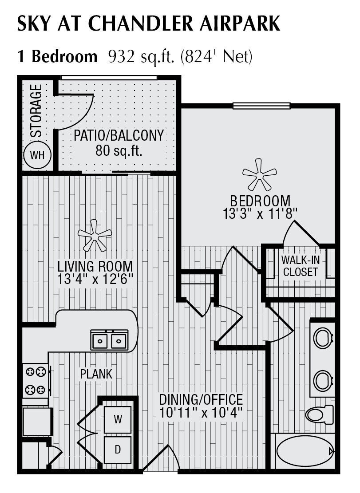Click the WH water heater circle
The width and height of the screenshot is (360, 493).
(x=38, y=155)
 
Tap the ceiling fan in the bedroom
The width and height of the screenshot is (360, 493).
(x=260, y=174)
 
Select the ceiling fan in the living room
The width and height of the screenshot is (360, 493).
(x=94, y=235)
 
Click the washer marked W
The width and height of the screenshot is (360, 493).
(x=118, y=419)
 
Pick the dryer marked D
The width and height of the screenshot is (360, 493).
(x=118, y=450)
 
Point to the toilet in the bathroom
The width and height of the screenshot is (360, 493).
(x=319, y=415)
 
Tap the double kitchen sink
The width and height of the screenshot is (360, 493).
(x=109, y=340)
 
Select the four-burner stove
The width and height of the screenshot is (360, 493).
(x=36, y=380)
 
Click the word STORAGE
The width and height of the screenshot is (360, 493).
(x=37, y=110)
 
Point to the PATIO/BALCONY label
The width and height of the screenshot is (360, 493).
(x=119, y=135)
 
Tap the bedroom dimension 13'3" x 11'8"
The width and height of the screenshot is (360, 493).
(x=260, y=213)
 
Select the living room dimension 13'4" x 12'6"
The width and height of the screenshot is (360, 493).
(x=95, y=280)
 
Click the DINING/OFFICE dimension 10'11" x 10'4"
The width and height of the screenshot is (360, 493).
(x=201, y=413)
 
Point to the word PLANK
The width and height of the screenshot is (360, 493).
(x=96, y=374)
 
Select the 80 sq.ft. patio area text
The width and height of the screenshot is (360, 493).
(x=119, y=151)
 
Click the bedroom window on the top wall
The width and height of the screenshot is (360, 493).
(x=261, y=106)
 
